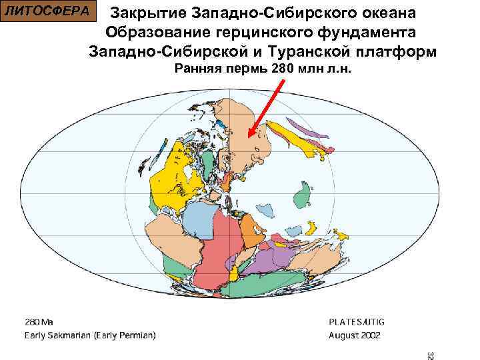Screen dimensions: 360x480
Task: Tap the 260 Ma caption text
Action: click(39, 322)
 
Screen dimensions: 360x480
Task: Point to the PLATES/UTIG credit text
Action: click(357, 322)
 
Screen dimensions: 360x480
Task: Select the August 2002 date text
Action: click(354, 335)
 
